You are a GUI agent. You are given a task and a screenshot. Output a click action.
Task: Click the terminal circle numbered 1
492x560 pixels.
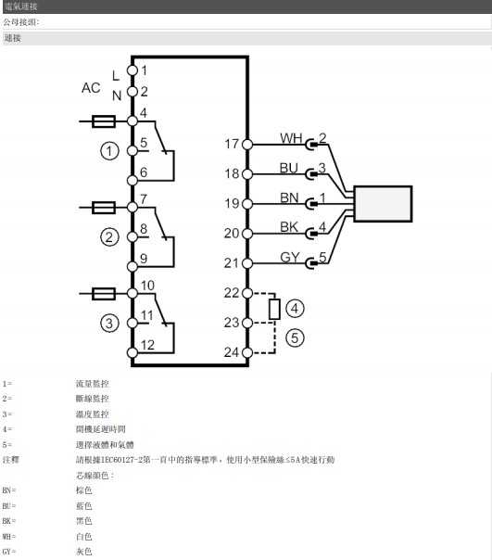click(x=132, y=70)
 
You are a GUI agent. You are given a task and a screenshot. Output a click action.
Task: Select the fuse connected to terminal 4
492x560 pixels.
click(x=104, y=121)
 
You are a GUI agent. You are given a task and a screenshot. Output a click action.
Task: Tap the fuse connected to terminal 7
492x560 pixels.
click(x=104, y=208)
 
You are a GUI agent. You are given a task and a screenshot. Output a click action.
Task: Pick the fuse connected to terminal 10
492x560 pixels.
click(x=104, y=294)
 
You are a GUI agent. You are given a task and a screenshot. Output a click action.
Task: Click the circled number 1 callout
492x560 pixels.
click(x=109, y=151)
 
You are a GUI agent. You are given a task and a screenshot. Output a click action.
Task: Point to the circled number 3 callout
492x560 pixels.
click(x=109, y=324)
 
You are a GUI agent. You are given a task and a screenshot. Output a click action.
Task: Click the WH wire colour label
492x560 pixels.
click(x=291, y=138)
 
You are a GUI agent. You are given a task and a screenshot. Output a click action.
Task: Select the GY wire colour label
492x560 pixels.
click(x=290, y=257)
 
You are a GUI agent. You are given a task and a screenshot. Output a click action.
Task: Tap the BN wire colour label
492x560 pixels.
click(x=289, y=197)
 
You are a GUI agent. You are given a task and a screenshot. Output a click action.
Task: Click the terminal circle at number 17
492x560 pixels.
click(x=247, y=145)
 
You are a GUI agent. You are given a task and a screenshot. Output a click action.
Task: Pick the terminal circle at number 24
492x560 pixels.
click(x=247, y=352)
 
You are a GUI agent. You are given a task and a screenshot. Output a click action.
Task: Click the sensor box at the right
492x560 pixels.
click(x=383, y=204)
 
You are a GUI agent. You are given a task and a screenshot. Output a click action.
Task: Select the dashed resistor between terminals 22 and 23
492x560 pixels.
click(x=274, y=310)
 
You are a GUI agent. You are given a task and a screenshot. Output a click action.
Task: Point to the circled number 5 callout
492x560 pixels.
click(x=295, y=337)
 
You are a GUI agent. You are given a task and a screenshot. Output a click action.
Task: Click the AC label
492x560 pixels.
click(x=91, y=88)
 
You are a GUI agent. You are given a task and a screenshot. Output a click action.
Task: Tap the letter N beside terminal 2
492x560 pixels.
click(x=117, y=95)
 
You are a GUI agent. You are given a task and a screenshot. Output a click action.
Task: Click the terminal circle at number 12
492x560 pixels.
click(x=132, y=352)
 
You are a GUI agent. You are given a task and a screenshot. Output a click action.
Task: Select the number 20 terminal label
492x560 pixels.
click(x=232, y=234)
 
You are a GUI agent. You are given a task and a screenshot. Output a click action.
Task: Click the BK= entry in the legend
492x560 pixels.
click(x=9, y=521)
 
